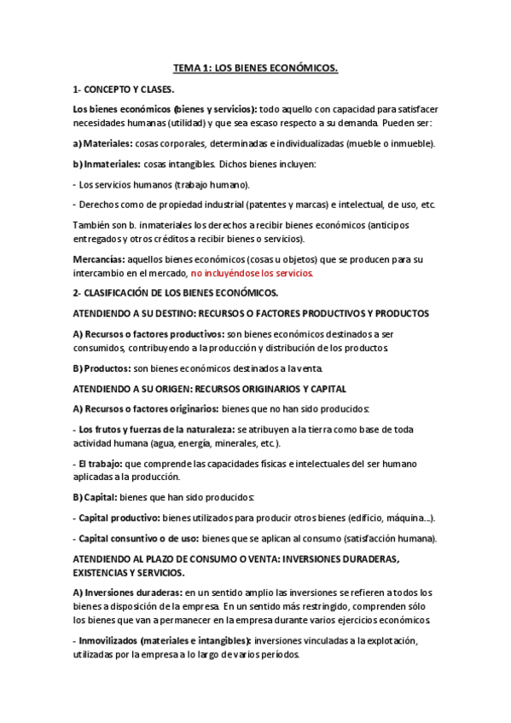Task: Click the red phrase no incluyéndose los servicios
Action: point(253,273)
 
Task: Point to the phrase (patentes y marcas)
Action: point(295,204)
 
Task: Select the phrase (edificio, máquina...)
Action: point(395,518)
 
